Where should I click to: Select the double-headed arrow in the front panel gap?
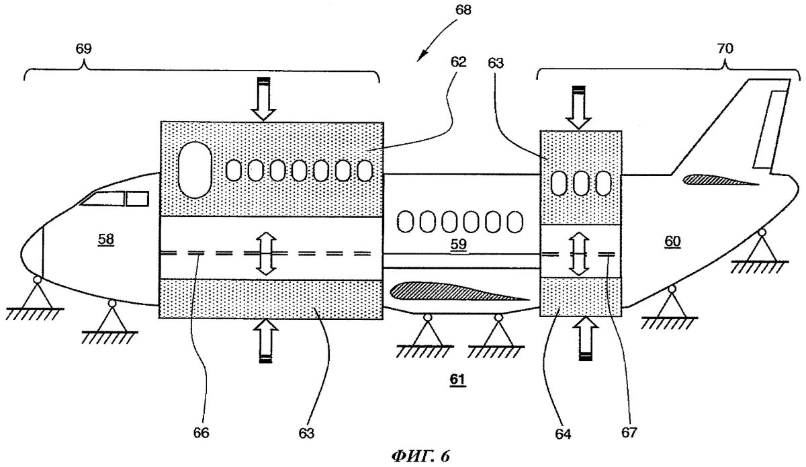[x=267, y=253]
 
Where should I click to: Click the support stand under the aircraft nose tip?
[x=34, y=294]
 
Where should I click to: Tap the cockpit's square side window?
[x=138, y=198]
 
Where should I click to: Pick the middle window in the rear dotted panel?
[x=581, y=183]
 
